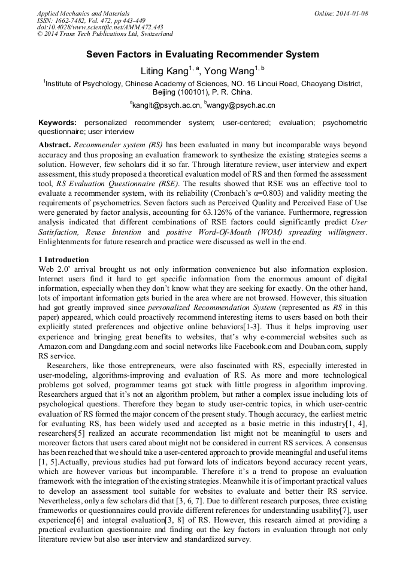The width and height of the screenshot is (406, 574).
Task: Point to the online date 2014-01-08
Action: (x=352, y=13)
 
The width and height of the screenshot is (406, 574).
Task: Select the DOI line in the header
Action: (x=100, y=28)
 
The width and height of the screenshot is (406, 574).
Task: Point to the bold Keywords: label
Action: (x=57, y=123)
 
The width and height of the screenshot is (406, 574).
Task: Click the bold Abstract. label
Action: (x=54, y=145)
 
